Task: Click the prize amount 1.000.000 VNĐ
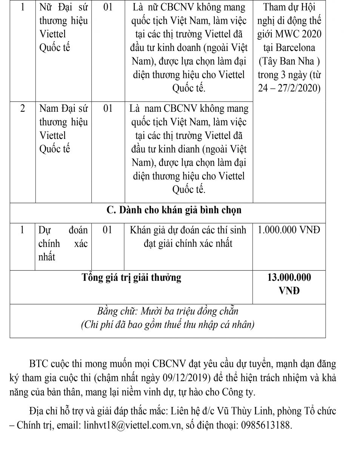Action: coord(289,230)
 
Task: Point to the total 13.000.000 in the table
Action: coord(289,277)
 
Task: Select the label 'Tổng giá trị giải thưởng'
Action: coord(131,278)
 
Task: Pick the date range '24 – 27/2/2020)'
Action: coord(289,88)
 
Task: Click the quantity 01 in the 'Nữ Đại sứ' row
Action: coord(108,7)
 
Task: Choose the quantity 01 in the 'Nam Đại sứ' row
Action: coord(108,109)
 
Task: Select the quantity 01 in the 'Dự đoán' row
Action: coord(108,230)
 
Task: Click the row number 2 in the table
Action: coord(23,109)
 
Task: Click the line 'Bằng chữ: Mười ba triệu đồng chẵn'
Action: coord(168,312)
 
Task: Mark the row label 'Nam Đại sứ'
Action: coord(63,109)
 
